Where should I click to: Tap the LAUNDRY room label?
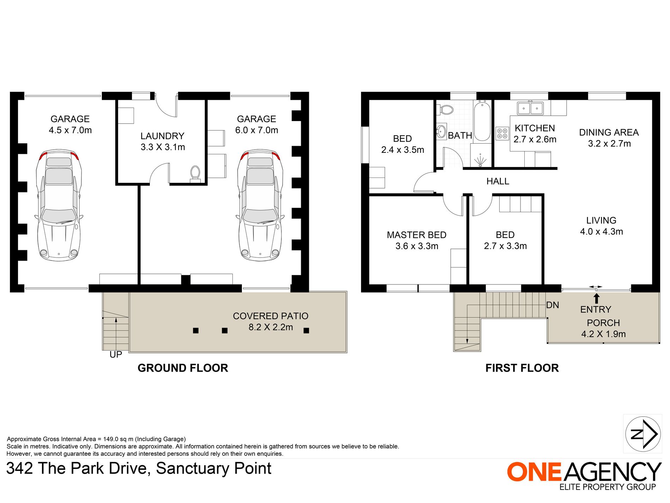pyautogui.click(x=162, y=136)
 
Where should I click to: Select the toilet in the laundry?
pyautogui.click(x=195, y=173)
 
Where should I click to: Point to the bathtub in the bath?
pyautogui.click(x=482, y=121)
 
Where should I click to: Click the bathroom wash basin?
pyautogui.click(x=441, y=132)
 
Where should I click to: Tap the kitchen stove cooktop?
pyautogui.click(x=502, y=133)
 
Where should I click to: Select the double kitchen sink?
pyautogui.click(x=530, y=108)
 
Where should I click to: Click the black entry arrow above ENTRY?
pyautogui.click(x=596, y=299)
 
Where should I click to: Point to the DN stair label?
pyautogui.click(x=553, y=305)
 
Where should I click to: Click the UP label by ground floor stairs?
pyautogui.click(x=116, y=354)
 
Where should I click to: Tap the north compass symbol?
pyautogui.click(x=643, y=434)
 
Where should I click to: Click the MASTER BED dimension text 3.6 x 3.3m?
pyautogui.click(x=417, y=246)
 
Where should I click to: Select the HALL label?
pyautogui.click(x=498, y=181)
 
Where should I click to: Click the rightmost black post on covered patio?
pyautogui.click(x=306, y=330)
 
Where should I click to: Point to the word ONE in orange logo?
pyautogui.click(x=534, y=472)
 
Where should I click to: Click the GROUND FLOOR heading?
pyautogui.click(x=183, y=368)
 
